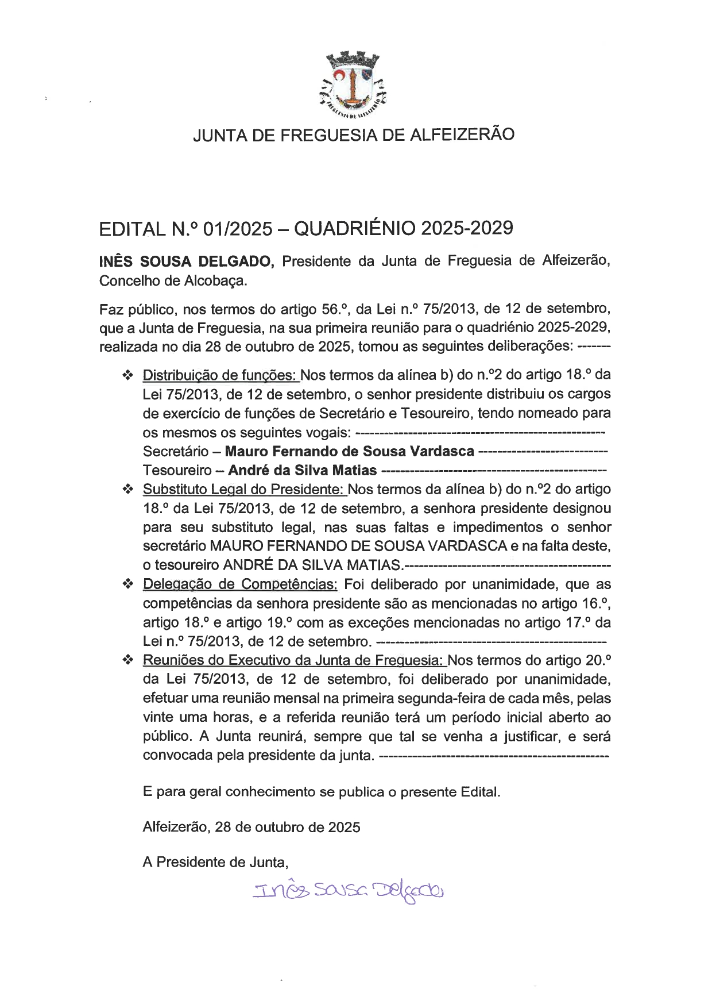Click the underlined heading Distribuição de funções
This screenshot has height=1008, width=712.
(220, 375)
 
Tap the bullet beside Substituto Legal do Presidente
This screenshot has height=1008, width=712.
(127, 490)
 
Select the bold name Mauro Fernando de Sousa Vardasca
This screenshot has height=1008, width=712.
(349, 451)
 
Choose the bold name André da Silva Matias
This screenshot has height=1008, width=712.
(302, 470)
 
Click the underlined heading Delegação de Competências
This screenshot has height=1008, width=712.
(240, 584)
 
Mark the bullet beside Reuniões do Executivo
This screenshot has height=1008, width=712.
(127, 660)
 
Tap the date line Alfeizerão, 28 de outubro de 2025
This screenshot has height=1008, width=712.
(251, 827)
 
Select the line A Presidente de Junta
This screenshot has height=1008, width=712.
(215, 862)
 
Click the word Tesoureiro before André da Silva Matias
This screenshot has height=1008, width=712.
(177, 470)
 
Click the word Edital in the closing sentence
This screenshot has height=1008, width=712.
(479, 792)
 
